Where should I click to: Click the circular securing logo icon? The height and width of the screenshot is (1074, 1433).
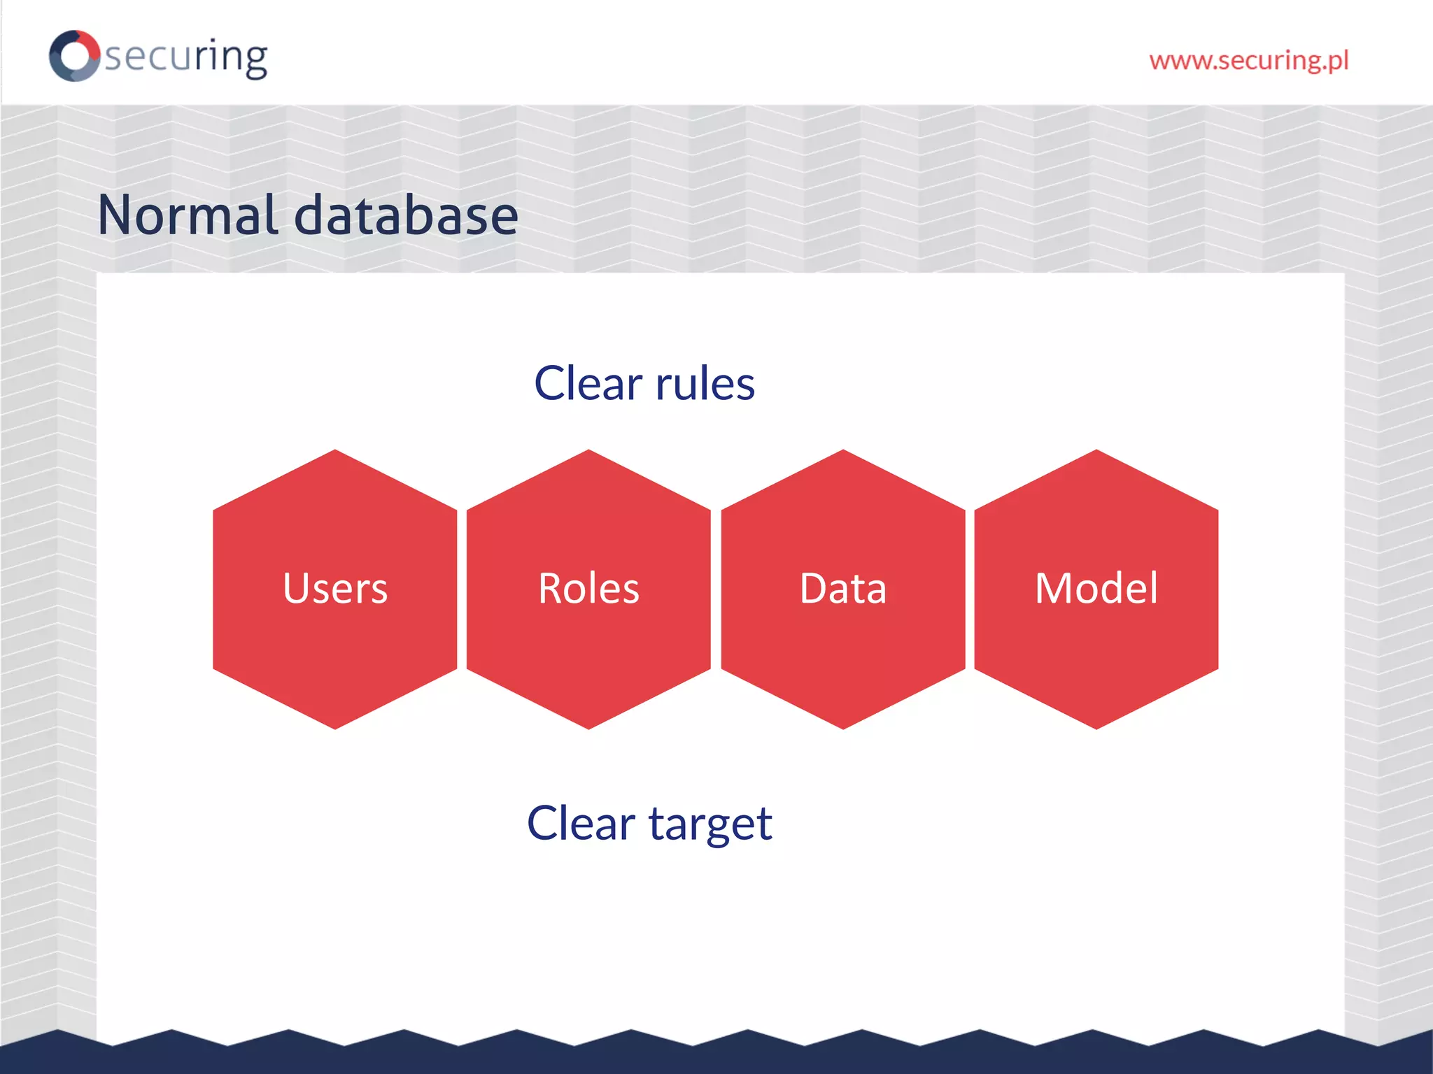[74, 55]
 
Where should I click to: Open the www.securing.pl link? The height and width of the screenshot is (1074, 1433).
[1248, 61]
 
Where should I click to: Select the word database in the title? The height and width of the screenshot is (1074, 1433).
[406, 215]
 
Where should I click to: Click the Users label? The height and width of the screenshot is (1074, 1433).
[335, 588]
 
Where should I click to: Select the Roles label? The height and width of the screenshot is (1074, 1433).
[588, 588]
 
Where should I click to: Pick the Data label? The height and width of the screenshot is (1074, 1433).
[843, 588]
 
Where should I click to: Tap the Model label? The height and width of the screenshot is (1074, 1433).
[1096, 588]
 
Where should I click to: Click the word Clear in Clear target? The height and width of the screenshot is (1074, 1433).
[581, 823]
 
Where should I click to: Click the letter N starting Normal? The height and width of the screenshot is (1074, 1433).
[115, 215]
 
